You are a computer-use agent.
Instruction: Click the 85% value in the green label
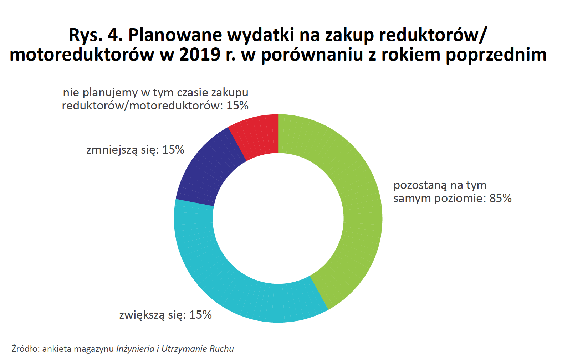point(500,199)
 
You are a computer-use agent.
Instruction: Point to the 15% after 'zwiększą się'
point(200,315)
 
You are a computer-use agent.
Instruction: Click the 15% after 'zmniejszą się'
point(173,150)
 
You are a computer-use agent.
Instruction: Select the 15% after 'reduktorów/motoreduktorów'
point(237,106)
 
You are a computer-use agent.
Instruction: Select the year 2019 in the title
point(200,55)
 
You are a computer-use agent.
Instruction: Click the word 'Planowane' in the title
point(175,35)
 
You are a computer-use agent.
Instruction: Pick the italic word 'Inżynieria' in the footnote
point(135,349)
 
